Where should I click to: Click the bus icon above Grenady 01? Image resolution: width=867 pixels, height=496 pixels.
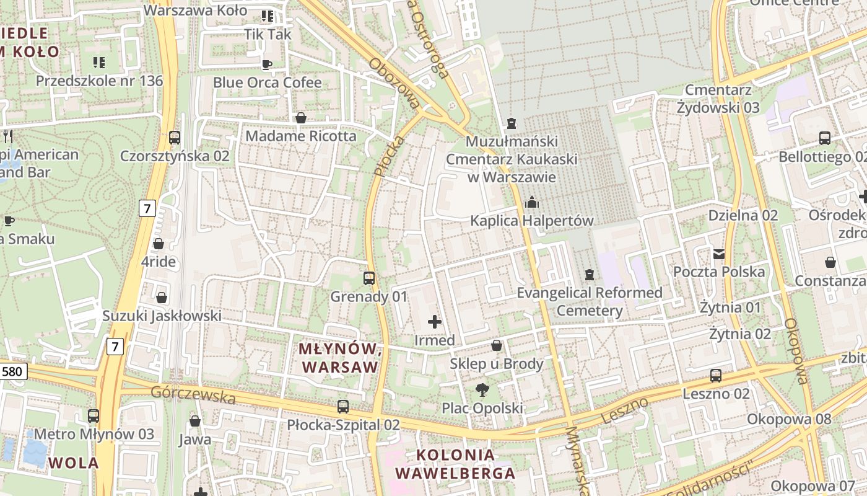tap(369, 278)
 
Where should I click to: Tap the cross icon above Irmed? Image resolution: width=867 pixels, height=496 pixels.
tap(435, 322)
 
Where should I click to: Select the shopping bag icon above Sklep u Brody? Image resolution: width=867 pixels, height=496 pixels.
tap(497, 345)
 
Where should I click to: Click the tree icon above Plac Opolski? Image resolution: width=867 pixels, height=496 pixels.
tap(482, 389)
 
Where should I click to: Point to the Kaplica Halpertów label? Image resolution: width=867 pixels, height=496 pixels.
tap(531, 221)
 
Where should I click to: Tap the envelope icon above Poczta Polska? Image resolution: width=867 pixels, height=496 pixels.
tap(719, 254)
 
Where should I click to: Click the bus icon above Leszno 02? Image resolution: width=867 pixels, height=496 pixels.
tap(716, 375)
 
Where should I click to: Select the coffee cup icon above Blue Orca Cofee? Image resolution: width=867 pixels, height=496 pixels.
tap(267, 64)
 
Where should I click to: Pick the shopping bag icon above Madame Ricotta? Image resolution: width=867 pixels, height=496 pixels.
tap(301, 118)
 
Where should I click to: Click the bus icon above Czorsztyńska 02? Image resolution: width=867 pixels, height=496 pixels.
tap(175, 138)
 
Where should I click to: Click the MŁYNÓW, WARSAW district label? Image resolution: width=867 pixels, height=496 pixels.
tap(339, 358)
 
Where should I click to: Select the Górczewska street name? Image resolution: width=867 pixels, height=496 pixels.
tap(193, 395)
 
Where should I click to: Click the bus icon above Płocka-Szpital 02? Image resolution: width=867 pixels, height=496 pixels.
tap(343, 407)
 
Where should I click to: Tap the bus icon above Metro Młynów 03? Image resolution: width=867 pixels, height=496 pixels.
tap(94, 415)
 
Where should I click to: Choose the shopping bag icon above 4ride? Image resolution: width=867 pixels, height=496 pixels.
tap(159, 244)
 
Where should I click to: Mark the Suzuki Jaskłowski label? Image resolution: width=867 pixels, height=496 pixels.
tap(162, 316)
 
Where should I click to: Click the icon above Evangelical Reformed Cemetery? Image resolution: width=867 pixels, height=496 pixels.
tap(590, 274)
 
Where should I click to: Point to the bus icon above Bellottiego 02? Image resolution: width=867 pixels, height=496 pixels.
tap(825, 138)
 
